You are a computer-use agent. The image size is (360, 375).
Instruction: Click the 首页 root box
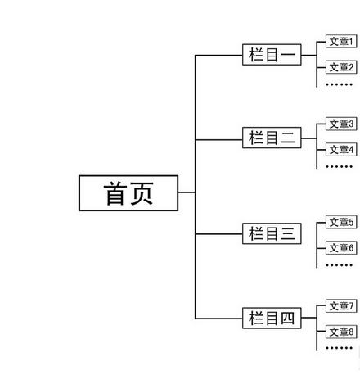[x=128, y=193]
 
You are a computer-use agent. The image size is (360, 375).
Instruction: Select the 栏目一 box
[x=272, y=55]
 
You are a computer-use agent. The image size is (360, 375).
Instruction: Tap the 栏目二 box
[x=272, y=137]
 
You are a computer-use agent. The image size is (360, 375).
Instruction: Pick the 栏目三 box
[x=272, y=234]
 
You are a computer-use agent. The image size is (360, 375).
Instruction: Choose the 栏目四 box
[x=272, y=318]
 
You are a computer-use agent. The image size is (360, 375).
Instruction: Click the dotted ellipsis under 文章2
[x=339, y=84]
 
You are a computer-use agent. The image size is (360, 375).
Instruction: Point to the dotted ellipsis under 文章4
[x=339, y=166]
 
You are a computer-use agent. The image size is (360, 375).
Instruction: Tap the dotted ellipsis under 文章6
[x=339, y=264]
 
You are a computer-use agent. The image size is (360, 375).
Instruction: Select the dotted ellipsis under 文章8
[x=339, y=348]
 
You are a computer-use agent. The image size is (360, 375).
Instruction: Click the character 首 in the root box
[x=115, y=193]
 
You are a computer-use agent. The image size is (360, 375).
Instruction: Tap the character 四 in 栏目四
[x=287, y=318]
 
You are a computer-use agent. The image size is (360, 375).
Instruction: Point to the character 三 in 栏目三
[x=287, y=234]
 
